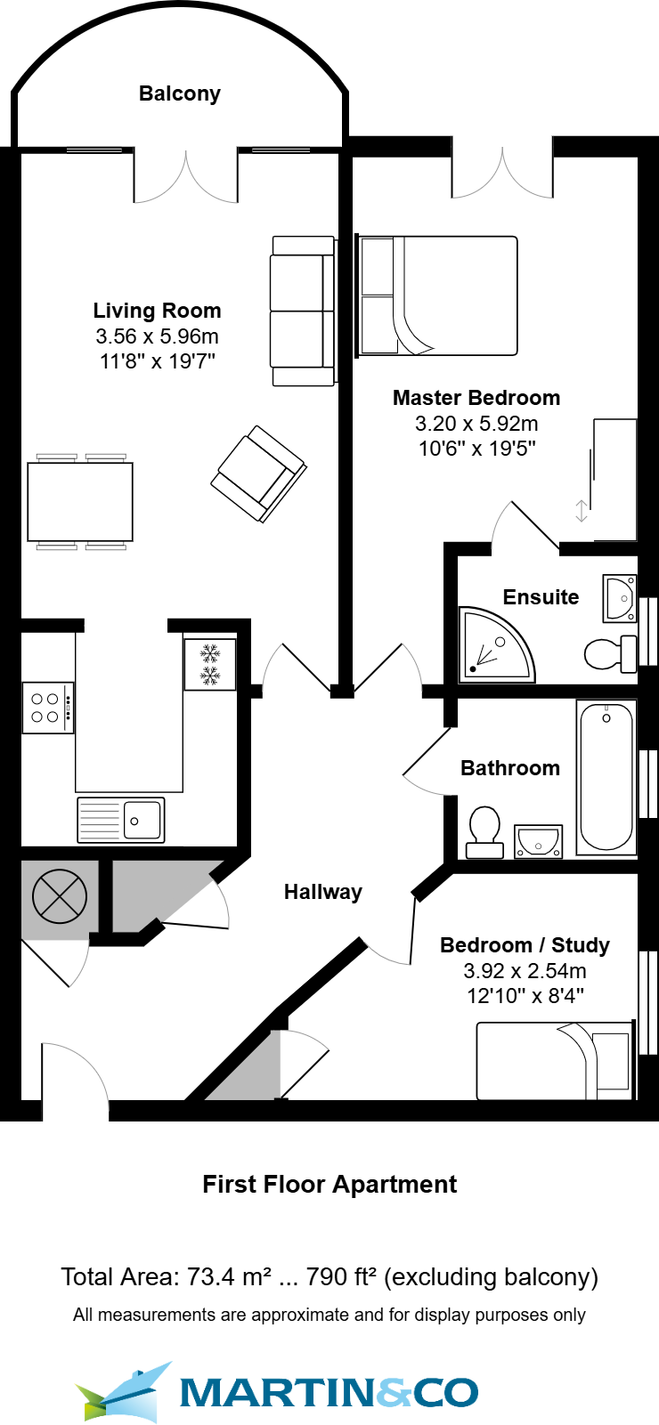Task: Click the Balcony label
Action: [x=179, y=93]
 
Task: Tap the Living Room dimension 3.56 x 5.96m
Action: [x=158, y=336]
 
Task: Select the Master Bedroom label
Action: [x=476, y=398]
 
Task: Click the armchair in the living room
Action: [x=258, y=474]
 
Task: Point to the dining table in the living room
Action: [x=80, y=502]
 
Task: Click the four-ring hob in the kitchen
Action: [x=46, y=708]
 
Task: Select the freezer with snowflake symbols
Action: [x=210, y=664]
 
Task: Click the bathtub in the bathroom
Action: [x=606, y=776]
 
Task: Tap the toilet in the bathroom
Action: [x=485, y=831]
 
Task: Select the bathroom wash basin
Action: [x=538, y=840]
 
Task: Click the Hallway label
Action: [x=322, y=892]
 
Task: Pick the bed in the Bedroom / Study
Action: [x=554, y=1061]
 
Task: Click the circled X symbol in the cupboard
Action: [x=60, y=895]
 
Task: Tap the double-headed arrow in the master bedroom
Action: [x=582, y=511]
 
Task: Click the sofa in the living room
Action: [x=303, y=311]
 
